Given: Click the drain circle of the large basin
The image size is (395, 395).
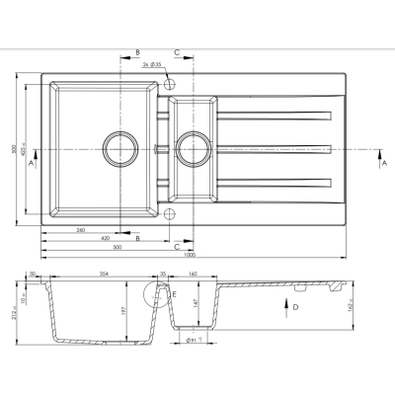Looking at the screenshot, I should tap(117, 151).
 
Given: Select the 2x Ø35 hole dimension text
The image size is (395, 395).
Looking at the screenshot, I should tap(153, 64).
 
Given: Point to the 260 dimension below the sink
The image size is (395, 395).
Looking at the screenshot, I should tap(78, 229).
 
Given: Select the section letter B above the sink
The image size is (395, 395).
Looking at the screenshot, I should tap(137, 50).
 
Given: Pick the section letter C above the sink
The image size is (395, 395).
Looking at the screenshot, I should tap(177, 50).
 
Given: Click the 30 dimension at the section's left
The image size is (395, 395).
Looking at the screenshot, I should tap(34, 273).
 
